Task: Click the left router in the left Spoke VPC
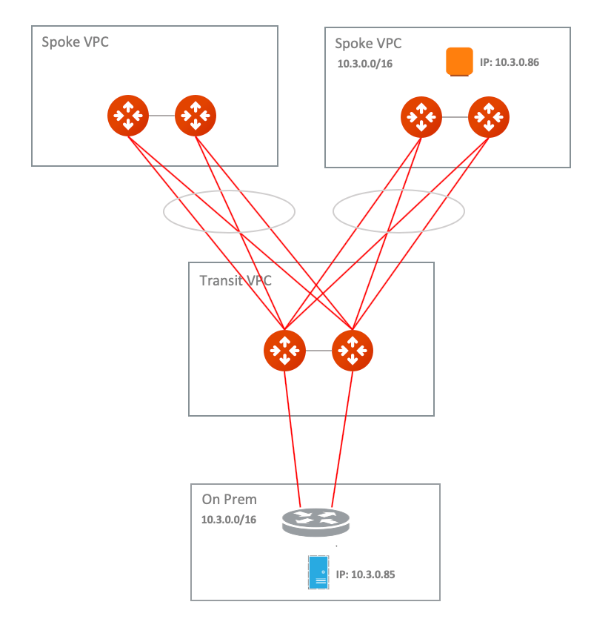pyautogui.click(x=128, y=116)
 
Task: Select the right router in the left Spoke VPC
pyautogui.click(x=196, y=116)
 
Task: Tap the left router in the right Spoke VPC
pyautogui.click(x=421, y=117)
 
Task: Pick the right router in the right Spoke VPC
pyautogui.click(x=489, y=117)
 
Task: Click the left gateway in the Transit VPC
pyautogui.click(x=284, y=351)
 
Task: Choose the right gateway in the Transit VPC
pyautogui.click(x=353, y=351)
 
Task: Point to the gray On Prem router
pyautogui.click(x=316, y=523)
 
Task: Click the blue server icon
pyautogui.click(x=318, y=572)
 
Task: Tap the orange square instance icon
pyautogui.click(x=459, y=62)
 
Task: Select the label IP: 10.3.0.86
pyautogui.click(x=510, y=62)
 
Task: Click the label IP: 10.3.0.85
pyautogui.click(x=365, y=575)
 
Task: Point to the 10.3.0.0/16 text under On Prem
pyautogui.click(x=229, y=520)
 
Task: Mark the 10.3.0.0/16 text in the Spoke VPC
pyautogui.click(x=365, y=64)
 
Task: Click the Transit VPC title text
pyautogui.click(x=236, y=281)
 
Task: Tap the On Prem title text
pyautogui.click(x=229, y=500)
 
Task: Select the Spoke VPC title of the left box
pyautogui.click(x=75, y=42)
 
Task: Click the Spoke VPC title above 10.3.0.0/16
pyautogui.click(x=368, y=44)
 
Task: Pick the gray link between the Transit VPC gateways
pyautogui.click(x=318, y=351)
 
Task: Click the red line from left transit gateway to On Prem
pyautogui.click(x=293, y=440)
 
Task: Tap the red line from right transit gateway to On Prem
pyautogui.click(x=342, y=440)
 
